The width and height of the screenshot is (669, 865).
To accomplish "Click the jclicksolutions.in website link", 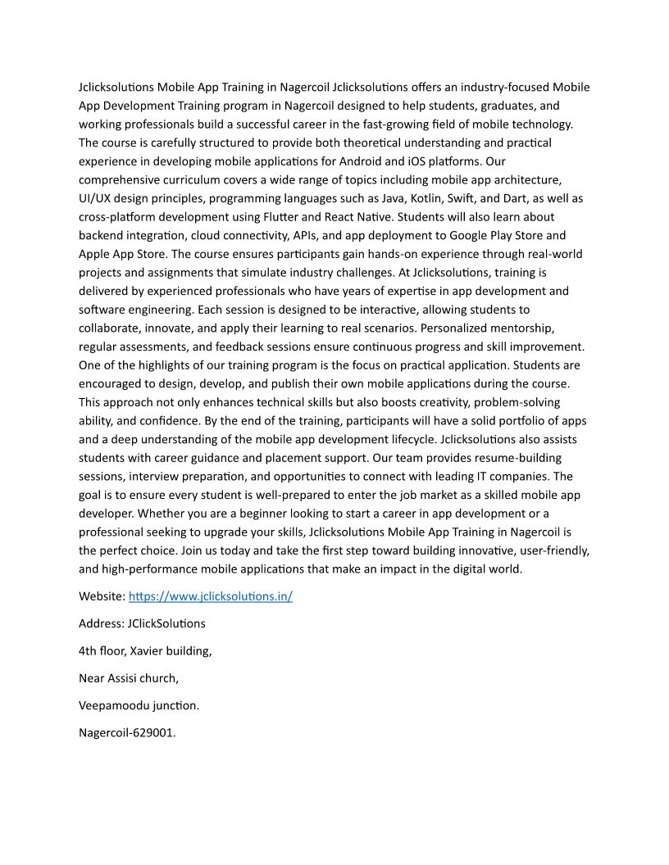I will tap(211, 596).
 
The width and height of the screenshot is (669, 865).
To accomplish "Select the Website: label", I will tap(102, 596).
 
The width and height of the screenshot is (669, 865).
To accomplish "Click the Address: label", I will tap(101, 623).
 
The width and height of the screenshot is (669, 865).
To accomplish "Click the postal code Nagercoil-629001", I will tap(127, 732).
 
